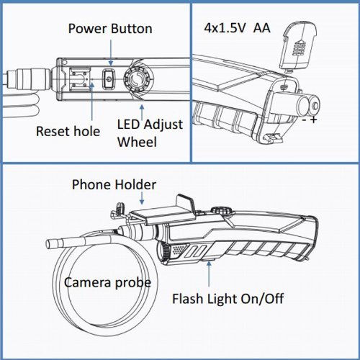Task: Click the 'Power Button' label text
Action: (x=110, y=29)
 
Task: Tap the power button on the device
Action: (x=109, y=79)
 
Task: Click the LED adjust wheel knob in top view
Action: (x=136, y=79)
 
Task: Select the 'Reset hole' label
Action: (x=68, y=131)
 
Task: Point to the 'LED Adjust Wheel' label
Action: (x=150, y=133)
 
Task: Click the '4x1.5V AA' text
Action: (x=237, y=28)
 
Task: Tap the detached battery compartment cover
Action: (x=300, y=45)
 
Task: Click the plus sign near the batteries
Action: (x=313, y=120)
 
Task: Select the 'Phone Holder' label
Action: (x=114, y=184)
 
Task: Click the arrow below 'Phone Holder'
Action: (x=142, y=198)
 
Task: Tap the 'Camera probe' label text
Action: (x=107, y=282)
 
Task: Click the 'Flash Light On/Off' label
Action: (x=228, y=299)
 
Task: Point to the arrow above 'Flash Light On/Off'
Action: (x=210, y=274)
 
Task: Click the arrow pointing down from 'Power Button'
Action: (x=111, y=53)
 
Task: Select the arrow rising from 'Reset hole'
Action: (x=92, y=101)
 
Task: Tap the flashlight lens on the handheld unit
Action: (x=161, y=251)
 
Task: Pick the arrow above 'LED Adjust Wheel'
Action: (x=142, y=112)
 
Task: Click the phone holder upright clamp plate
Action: (x=186, y=203)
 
